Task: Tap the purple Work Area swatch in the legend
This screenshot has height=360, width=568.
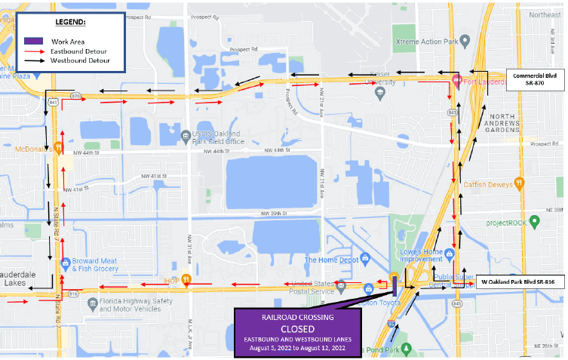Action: coord(32,41)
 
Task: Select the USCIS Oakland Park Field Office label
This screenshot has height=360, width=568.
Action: coord(218,137)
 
